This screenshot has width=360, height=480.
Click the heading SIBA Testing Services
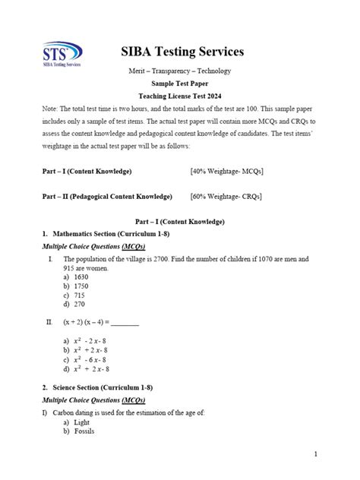182,52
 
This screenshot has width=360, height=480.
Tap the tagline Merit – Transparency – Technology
181,71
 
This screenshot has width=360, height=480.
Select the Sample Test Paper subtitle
181,84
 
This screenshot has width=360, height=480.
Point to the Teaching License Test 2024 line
181,96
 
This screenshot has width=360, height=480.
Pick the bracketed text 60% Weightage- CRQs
226,197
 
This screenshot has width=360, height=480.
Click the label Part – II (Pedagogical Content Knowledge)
107,197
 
